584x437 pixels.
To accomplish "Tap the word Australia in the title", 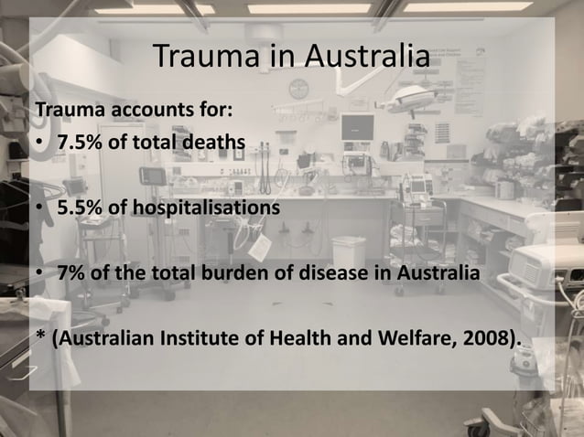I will (365, 57).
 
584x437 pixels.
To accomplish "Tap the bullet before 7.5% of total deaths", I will (40, 144).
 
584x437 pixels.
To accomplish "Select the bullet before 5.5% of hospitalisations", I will (40, 208).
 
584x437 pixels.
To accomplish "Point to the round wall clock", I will (297, 90).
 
